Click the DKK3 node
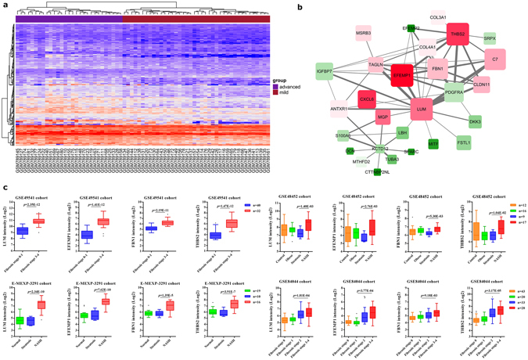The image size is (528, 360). [x=475, y=122]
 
